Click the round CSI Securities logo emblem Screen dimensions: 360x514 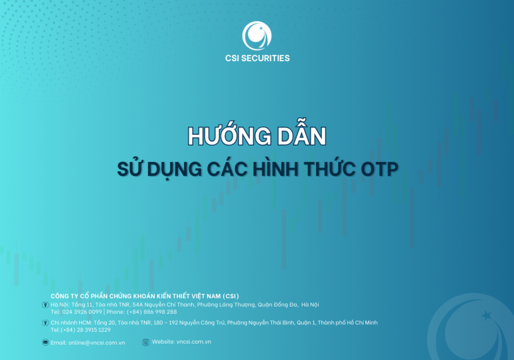pos(257,36)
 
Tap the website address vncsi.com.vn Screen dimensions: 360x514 pos(194,342)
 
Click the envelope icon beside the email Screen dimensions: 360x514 pos(45,342)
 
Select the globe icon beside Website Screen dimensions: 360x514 pos(146,342)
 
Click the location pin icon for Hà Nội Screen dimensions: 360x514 pos(45,305)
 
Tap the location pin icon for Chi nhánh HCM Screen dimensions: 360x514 pos(45,323)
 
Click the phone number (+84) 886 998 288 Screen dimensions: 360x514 pos(152,312)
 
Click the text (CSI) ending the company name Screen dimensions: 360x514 pos(230,296)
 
